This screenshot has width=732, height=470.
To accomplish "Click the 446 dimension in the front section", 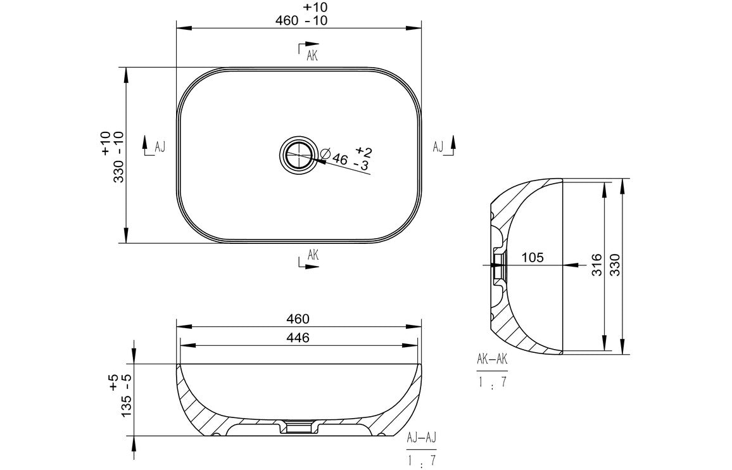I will pyautogui.click(x=298, y=338).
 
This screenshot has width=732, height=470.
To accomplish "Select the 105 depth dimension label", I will pyautogui.click(x=533, y=257).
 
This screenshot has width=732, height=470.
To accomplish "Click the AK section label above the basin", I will pyautogui.click(x=312, y=56).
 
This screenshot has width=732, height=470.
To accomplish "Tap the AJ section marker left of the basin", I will pyautogui.click(x=159, y=147).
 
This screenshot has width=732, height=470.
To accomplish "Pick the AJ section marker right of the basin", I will pyautogui.click(x=438, y=147).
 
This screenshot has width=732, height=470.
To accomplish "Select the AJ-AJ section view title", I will pyautogui.click(x=422, y=438).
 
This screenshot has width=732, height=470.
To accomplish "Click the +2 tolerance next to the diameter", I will pyautogui.click(x=363, y=151).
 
